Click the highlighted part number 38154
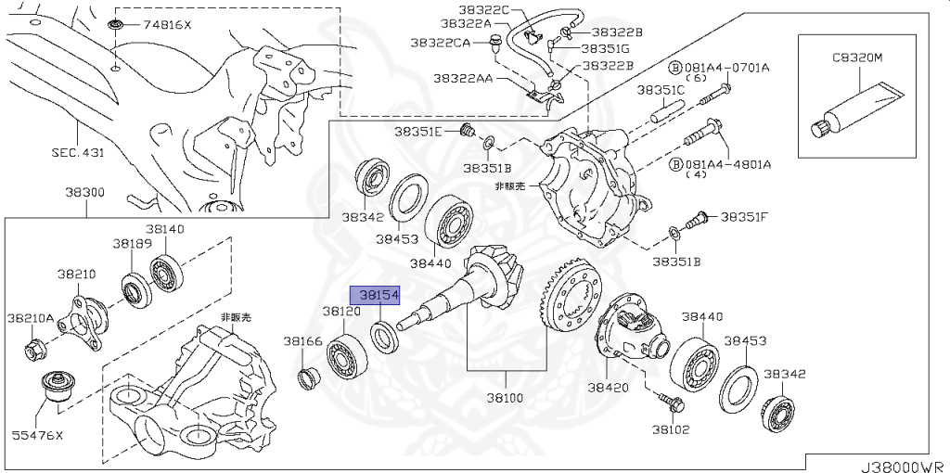coord(379,295)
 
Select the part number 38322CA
coord(441,43)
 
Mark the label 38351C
coord(661,90)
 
